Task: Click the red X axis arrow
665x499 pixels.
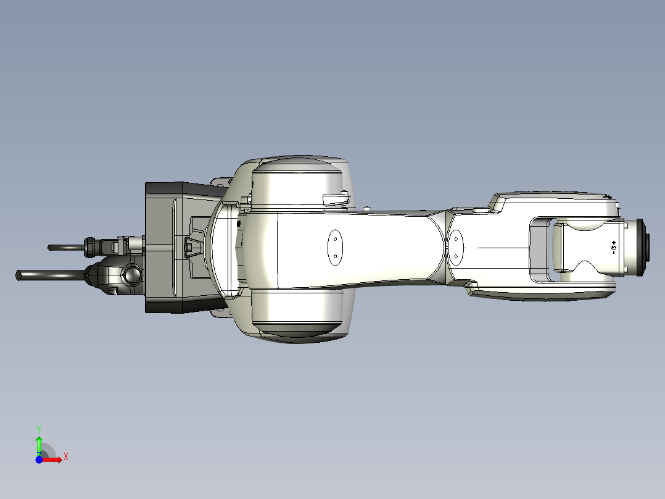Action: click(54, 459)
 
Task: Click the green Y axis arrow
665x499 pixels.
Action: click(39, 443)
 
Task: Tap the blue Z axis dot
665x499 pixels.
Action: click(39, 459)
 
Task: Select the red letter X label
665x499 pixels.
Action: click(66, 457)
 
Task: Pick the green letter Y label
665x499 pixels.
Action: click(39, 428)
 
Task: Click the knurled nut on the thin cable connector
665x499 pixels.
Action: click(91, 246)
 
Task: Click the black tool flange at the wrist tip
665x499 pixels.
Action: click(645, 246)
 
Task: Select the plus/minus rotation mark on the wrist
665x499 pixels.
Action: click(613, 248)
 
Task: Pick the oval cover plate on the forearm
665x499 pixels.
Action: click(457, 246)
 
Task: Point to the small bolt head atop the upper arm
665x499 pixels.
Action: click(367, 208)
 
